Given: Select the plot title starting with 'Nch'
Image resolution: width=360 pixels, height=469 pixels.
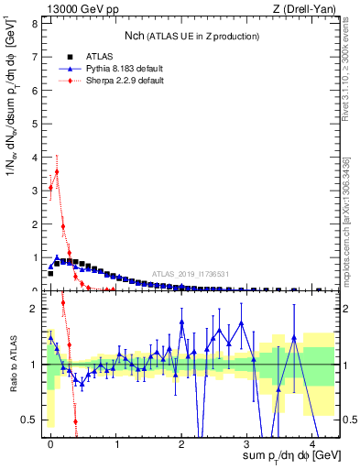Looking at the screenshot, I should (191, 36).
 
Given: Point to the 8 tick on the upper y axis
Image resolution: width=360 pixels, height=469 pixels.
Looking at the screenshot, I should (35, 23).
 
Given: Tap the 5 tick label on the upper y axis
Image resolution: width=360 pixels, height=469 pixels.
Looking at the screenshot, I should (35, 124).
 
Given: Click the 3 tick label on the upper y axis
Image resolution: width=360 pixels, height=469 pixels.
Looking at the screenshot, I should (35, 191).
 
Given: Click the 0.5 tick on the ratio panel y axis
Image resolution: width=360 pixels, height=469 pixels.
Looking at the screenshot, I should (31, 420).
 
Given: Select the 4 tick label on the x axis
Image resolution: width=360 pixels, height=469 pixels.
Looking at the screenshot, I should (312, 443).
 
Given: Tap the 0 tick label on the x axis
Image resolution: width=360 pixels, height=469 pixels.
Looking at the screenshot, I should (50, 443).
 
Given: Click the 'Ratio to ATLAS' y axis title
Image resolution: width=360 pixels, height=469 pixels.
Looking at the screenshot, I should (12, 364).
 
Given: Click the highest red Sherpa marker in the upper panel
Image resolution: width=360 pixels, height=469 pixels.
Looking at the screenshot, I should (57, 171).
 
